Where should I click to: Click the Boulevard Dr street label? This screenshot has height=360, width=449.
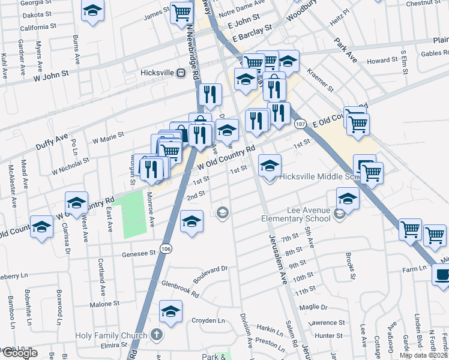pyautogui.click(x=211, y=275)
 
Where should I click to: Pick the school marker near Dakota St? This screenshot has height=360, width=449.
pyautogui.click(x=92, y=11)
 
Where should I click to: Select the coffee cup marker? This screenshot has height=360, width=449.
pyautogui.click(x=442, y=274)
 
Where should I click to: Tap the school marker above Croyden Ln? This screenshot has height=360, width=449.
pyautogui.click(x=171, y=311)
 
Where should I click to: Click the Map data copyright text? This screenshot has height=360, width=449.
pyautogui.click(x=424, y=355)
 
